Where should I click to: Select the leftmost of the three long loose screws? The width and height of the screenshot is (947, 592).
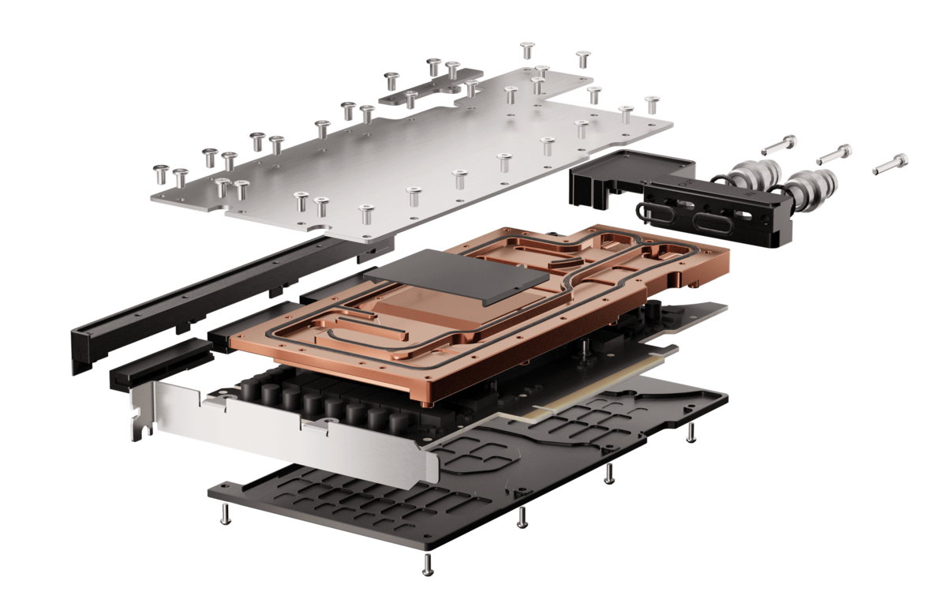click(x=780, y=145)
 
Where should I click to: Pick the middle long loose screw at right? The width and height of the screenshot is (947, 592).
click(x=833, y=154)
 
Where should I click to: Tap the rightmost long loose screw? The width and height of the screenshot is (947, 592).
click(x=889, y=164)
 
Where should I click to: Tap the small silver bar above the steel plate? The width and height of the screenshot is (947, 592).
click(x=418, y=94)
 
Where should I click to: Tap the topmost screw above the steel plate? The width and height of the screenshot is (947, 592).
click(x=527, y=50)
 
